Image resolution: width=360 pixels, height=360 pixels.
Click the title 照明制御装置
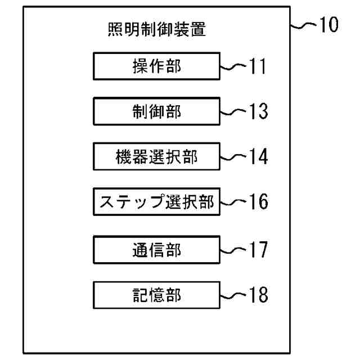156,30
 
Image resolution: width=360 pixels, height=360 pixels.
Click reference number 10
328,26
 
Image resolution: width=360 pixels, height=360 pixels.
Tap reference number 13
257,111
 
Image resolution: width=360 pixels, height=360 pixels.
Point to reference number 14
257,157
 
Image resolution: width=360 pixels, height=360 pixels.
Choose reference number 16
257,202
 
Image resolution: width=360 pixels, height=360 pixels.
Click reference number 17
257,249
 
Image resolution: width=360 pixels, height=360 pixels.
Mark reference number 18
257,294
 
